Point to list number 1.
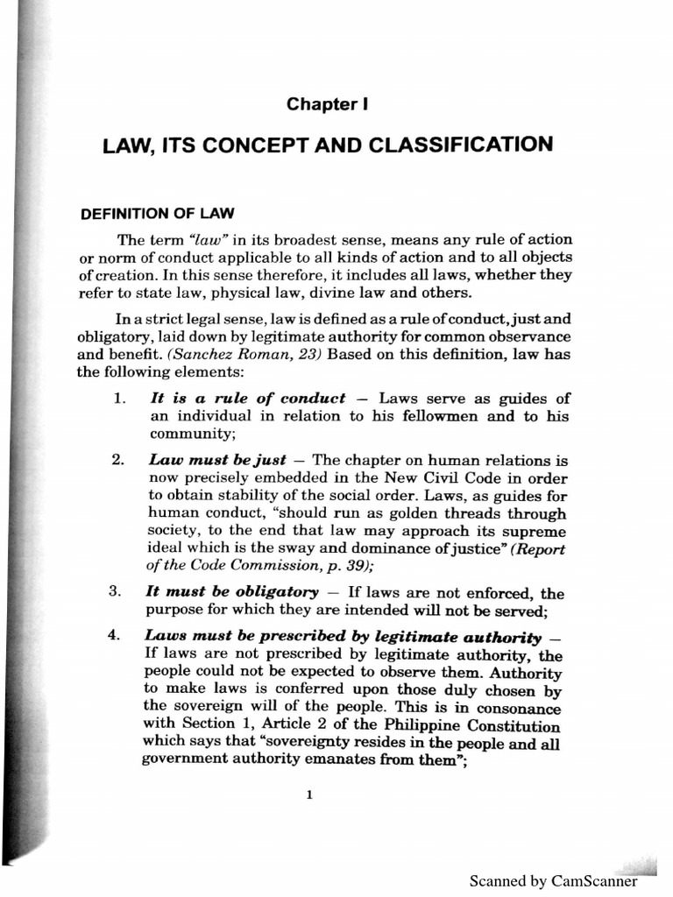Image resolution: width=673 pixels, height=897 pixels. (x=120, y=399)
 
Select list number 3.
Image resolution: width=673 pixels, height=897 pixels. (x=119, y=591)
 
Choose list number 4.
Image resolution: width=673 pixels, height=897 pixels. (x=119, y=636)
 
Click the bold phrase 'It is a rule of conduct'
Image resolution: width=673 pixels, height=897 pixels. (x=247, y=399)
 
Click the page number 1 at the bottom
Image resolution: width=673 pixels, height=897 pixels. (x=311, y=796)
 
